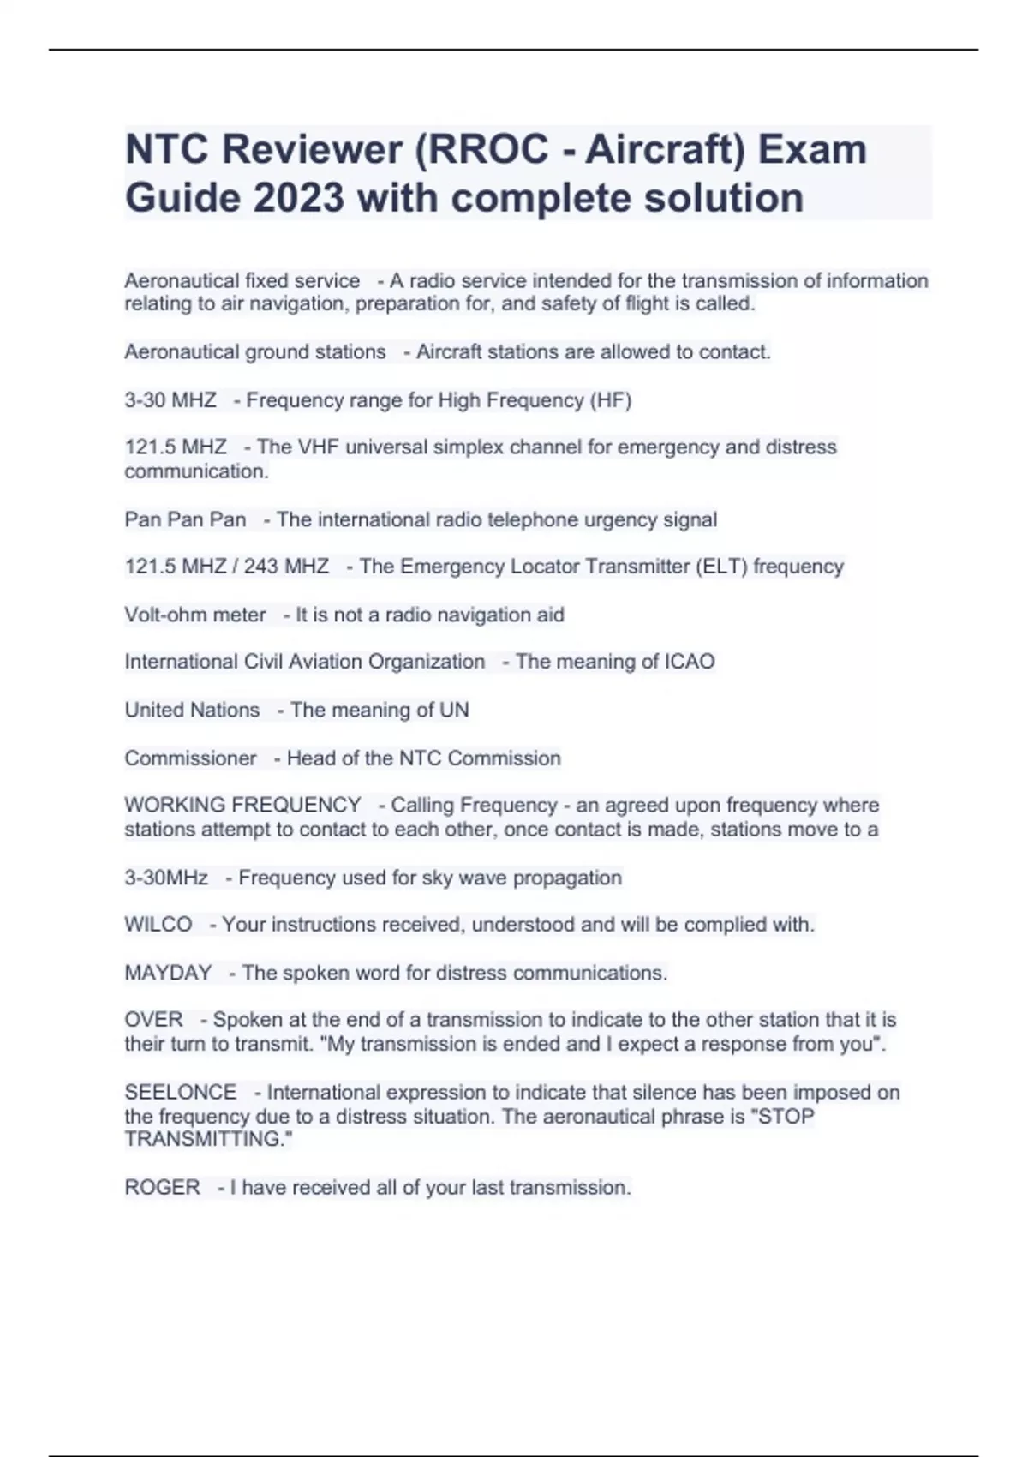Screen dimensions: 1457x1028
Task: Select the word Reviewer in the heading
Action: coord(313,150)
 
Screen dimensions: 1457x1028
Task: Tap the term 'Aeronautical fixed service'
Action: coord(242,281)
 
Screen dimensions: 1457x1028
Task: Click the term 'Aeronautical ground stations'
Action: coord(255,352)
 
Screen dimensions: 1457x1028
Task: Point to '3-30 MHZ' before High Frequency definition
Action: coord(170,400)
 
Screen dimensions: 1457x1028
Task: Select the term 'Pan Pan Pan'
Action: coord(185,520)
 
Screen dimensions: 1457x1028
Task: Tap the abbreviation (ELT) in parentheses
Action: coord(720,567)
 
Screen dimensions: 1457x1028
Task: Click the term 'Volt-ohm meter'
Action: coord(195,615)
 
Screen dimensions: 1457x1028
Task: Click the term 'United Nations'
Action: coord(192,711)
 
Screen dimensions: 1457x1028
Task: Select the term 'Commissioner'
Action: coord(190,758)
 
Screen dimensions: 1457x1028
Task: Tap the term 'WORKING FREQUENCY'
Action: coord(242,806)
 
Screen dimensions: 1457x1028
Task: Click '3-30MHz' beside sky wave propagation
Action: coord(166,878)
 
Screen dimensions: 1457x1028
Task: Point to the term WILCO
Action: coord(158,925)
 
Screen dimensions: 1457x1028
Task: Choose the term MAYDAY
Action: coord(168,974)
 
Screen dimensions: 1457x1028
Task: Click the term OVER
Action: coord(154,1020)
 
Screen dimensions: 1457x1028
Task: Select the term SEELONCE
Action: coord(181,1093)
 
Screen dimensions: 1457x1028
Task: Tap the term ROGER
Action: coord(163,1188)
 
